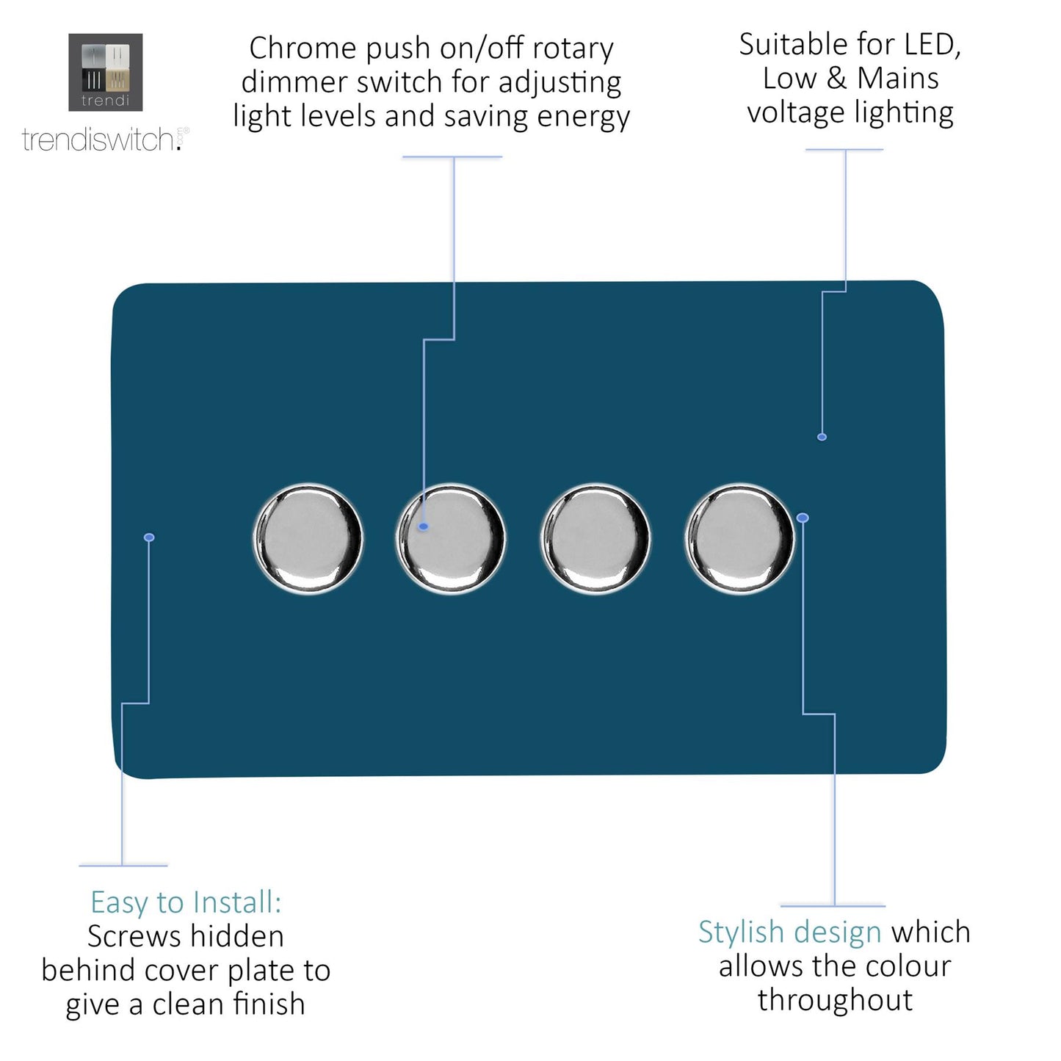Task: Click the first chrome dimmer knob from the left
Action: click(308, 538)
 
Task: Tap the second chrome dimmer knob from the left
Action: click(451, 538)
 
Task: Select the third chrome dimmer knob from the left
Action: click(595, 538)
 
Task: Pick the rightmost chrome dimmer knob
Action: click(739, 538)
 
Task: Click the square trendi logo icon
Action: click(105, 72)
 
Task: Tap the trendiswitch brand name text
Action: click(99, 140)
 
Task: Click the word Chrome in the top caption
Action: click(303, 48)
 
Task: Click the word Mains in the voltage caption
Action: click(898, 79)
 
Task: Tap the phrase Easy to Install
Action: click(186, 902)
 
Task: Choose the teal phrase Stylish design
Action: click(789, 932)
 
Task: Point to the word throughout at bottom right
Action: click(835, 1000)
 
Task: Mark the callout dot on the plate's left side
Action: click(149, 537)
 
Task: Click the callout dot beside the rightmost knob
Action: click(803, 518)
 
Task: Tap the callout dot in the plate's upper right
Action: click(822, 437)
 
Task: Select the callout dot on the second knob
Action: click(424, 526)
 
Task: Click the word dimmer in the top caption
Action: click(289, 82)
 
